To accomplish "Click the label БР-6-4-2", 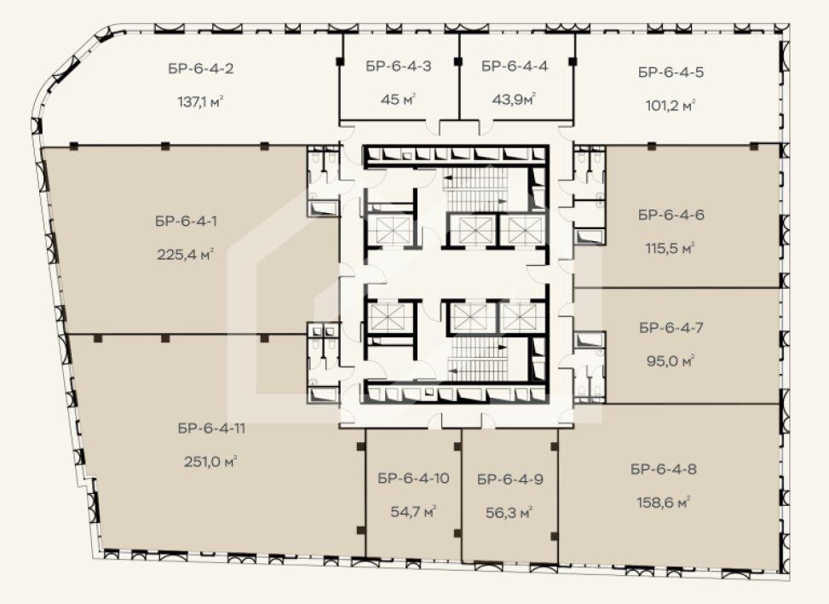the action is point(201,69).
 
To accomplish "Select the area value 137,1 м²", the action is point(200,101).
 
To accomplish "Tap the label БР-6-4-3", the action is point(398,66).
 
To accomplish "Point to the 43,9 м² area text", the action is point(514,99).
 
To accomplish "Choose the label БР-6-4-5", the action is point(671,72).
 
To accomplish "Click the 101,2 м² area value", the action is point(670,105).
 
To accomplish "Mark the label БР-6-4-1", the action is point(186,221).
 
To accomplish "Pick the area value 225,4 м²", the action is point(185,254).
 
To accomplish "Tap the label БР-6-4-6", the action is point(671,215).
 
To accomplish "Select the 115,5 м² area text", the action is point(670,248).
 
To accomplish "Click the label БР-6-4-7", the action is point(671,328).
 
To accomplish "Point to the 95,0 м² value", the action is point(670,361).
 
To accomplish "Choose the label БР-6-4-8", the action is point(664,469).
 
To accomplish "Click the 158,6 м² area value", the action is point(664,502).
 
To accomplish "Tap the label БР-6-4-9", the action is point(510,480).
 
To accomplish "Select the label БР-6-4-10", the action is point(413,479).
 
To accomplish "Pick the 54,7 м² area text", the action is point(413,511).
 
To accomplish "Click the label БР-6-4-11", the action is point(211,429).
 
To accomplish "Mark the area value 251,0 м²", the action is point(210,462).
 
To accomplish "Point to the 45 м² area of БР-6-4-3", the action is point(398,99).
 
